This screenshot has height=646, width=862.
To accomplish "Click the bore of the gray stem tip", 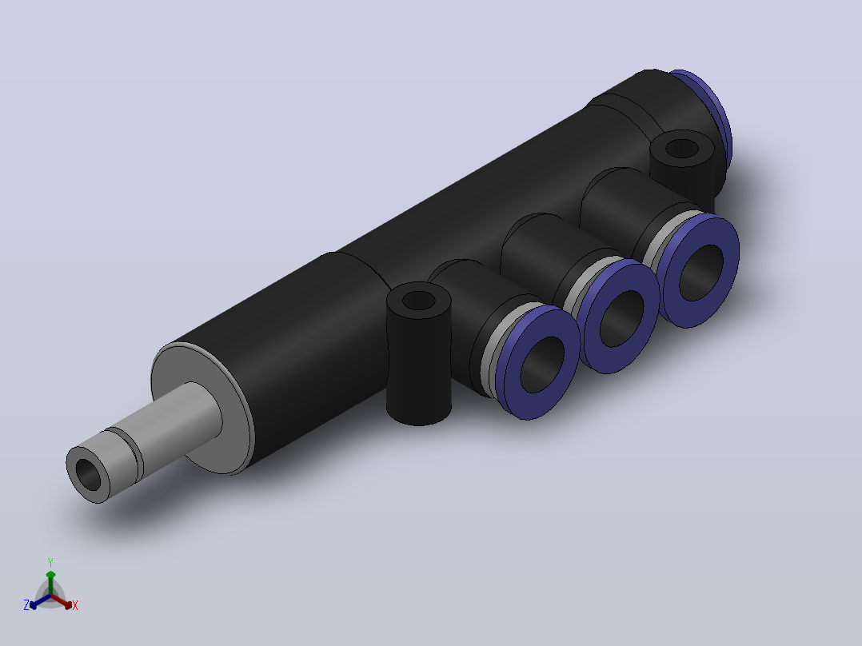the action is point(88,474).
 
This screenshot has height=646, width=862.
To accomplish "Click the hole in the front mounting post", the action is point(419,301).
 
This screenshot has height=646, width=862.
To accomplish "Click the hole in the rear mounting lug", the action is point(681,149).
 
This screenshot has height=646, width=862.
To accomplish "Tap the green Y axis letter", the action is point(50,562).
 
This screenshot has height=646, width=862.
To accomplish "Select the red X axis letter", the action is point(75,605).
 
